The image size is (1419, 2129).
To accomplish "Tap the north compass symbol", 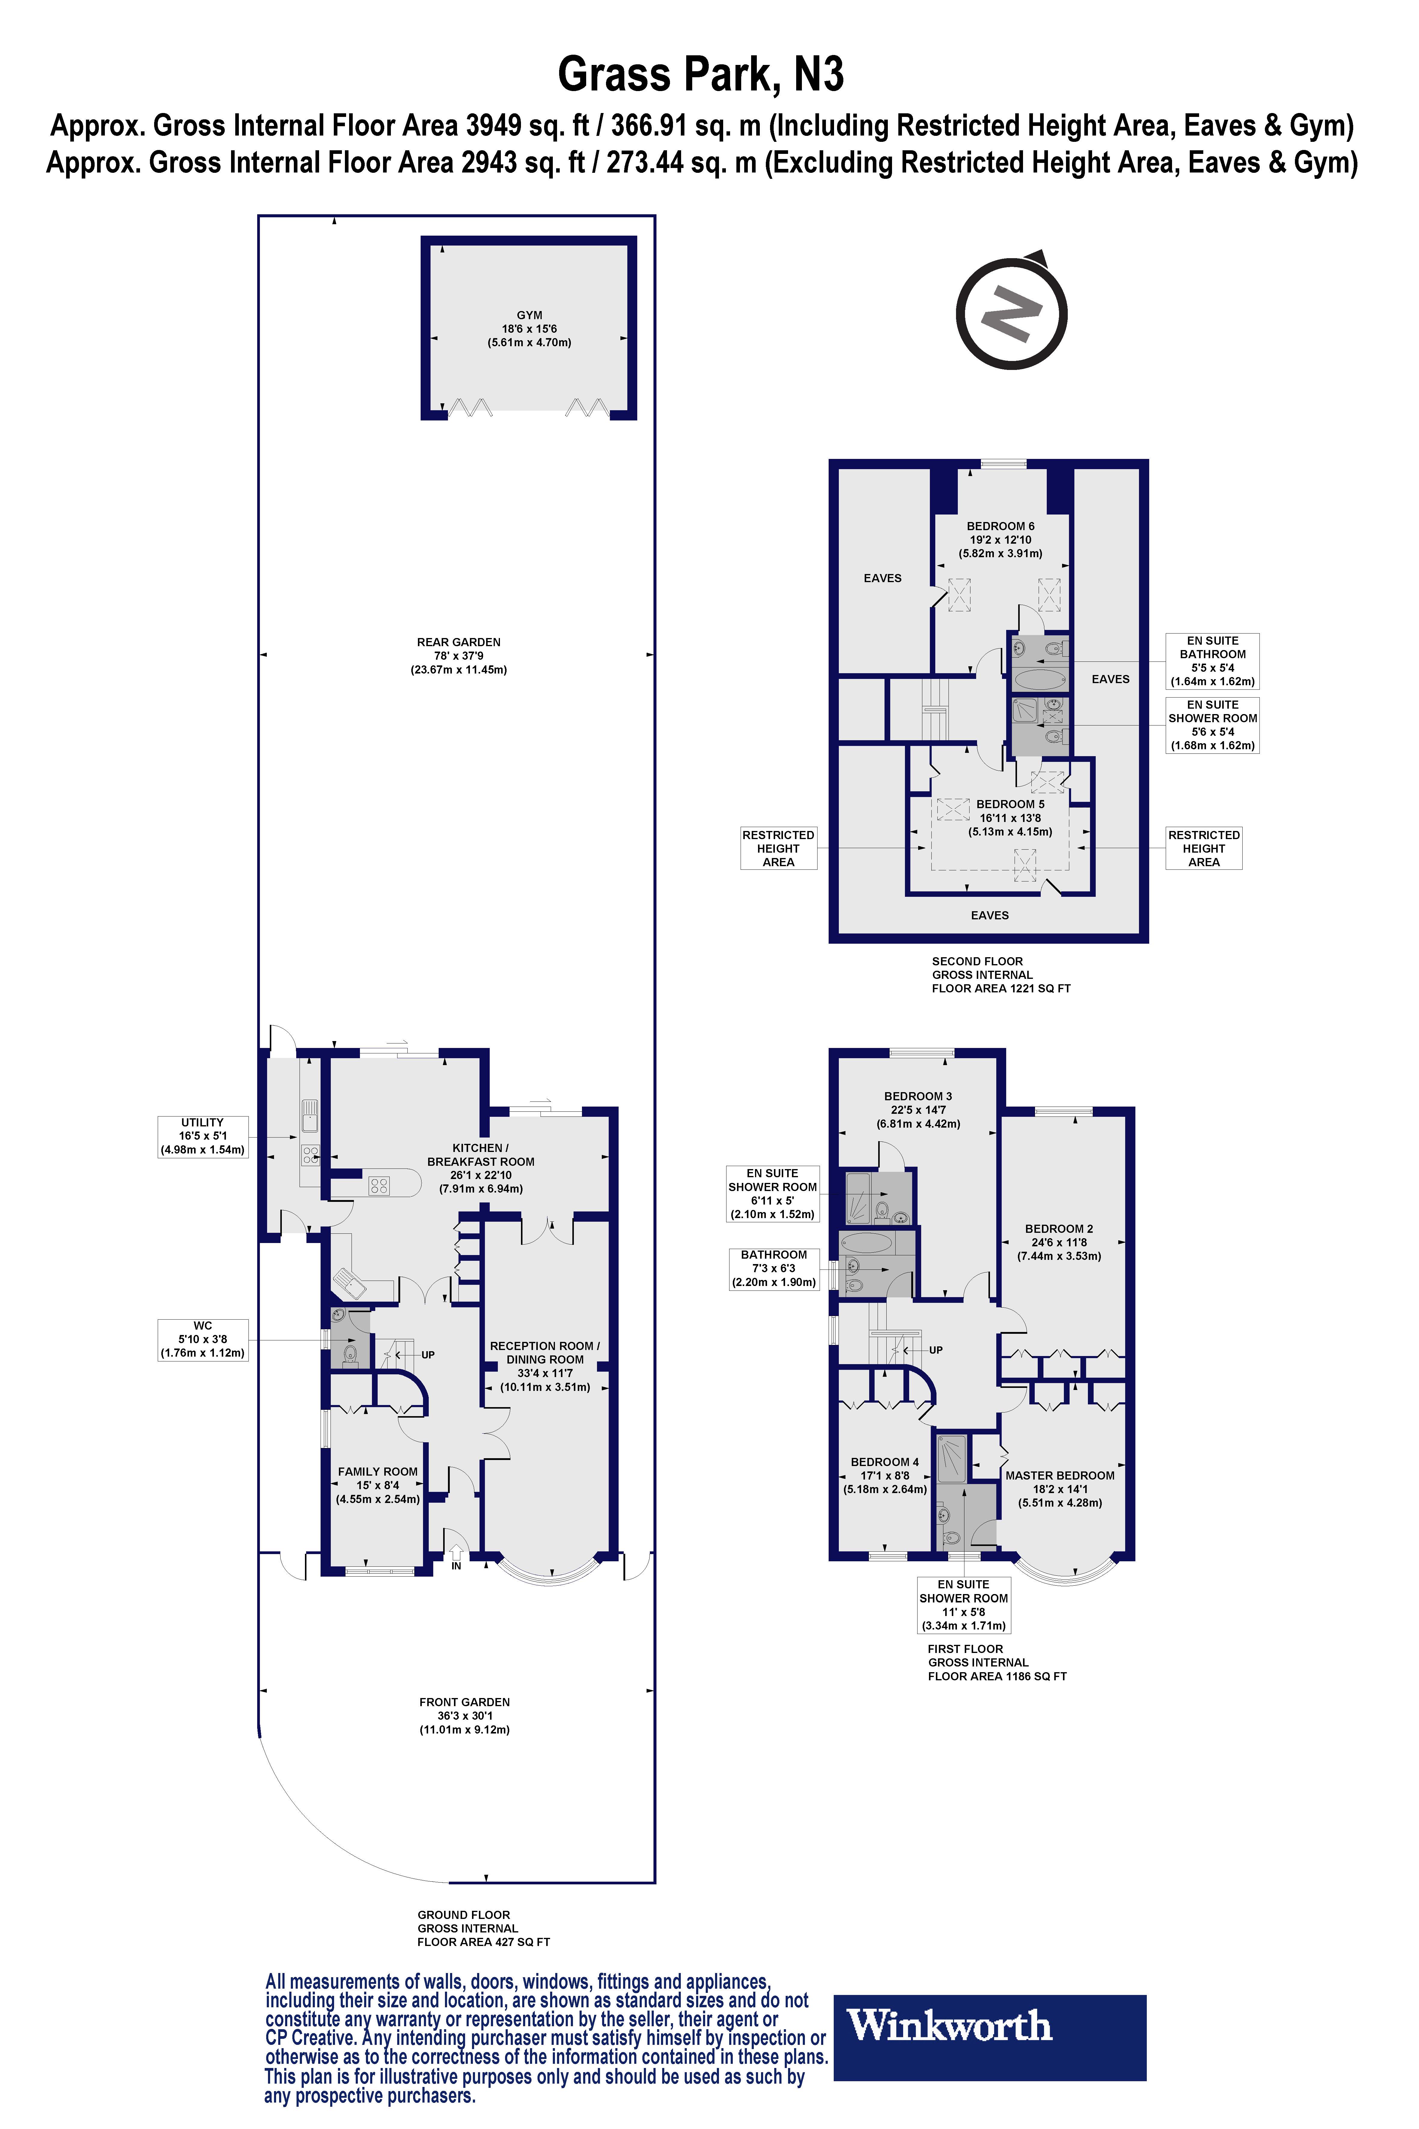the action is click(1012, 311).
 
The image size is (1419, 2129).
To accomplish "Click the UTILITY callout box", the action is click(203, 1136).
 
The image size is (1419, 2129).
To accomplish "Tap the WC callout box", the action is click(203, 1340).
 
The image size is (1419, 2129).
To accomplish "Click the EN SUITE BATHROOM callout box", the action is click(1213, 661).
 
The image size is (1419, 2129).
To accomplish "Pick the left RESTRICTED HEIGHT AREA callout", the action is click(778, 848).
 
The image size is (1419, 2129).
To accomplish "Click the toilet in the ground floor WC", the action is click(350, 1354).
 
